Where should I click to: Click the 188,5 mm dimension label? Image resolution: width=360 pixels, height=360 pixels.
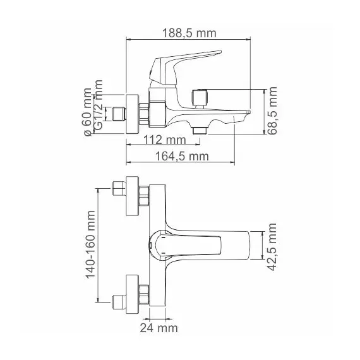coord(189,33)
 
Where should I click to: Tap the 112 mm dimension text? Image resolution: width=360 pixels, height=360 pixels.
coord(165,140)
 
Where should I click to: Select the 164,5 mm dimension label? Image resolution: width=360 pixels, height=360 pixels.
coord(182,157)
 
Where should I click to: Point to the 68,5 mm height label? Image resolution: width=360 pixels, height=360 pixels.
coord(272,111)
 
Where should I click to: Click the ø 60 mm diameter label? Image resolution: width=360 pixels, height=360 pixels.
coord(88,112)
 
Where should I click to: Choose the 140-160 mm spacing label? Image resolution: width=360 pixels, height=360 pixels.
coord(90,245)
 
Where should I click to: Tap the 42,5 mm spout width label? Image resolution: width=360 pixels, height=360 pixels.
coord(272,247)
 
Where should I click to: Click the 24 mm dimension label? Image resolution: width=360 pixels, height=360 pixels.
coord(159,328)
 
